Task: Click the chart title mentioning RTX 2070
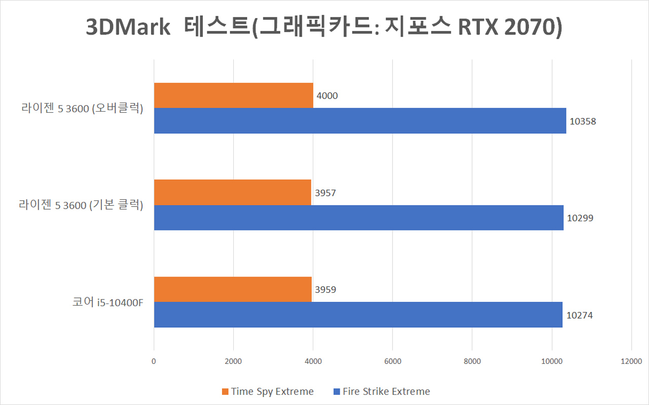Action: (x=324, y=28)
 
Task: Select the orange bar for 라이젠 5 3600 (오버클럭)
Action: (x=233, y=95)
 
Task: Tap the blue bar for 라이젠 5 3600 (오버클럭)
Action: (x=360, y=121)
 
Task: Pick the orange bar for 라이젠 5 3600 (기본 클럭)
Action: (x=232, y=193)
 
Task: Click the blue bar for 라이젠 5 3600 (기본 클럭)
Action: (x=358, y=218)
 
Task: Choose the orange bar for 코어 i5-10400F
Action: (x=233, y=290)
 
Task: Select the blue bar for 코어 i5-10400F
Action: (x=358, y=315)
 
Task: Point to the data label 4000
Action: (x=327, y=95)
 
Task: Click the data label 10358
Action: (x=583, y=121)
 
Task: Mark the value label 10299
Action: (x=580, y=218)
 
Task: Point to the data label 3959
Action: (x=326, y=290)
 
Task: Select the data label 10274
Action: (x=580, y=315)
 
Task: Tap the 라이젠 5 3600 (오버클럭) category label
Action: (x=81, y=108)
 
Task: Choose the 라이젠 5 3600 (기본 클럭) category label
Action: (x=81, y=206)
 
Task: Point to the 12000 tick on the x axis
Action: (x=631, y=361)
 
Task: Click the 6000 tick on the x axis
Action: (x=392, y=361)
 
